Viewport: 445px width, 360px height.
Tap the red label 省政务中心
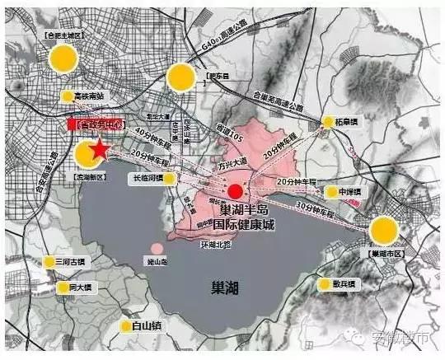point(95,124)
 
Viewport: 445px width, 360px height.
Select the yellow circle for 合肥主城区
point(63,58)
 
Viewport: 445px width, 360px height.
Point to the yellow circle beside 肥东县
point(180,78)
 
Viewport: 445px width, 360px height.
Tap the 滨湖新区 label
point(87,176)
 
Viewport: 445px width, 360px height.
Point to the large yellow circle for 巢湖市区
point(383,231)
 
